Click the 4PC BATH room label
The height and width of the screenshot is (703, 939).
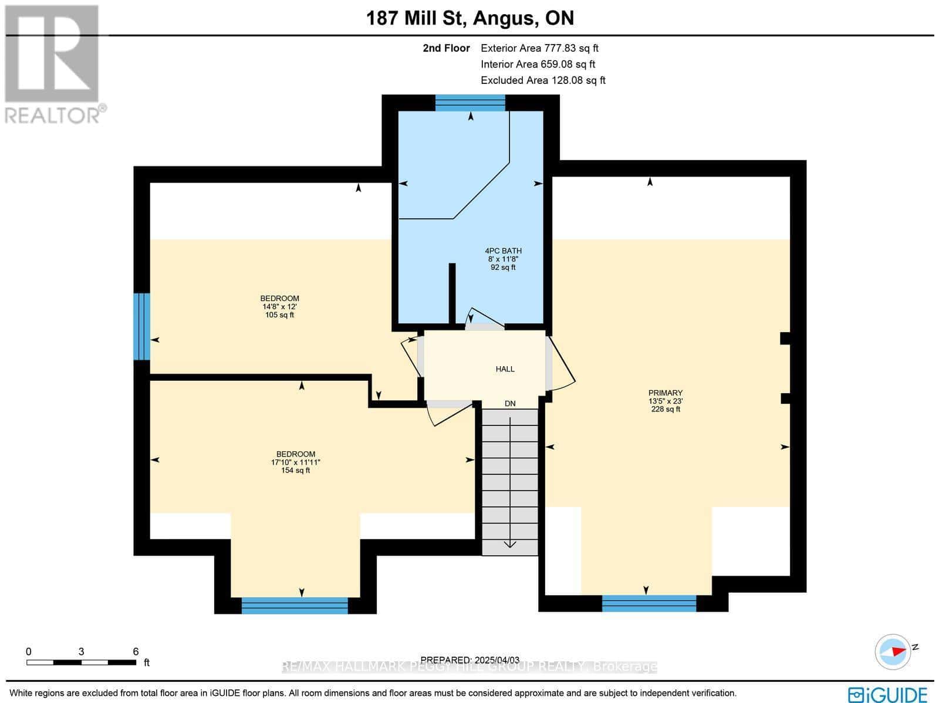click(503, 251)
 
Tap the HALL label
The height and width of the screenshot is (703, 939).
click(505, 369)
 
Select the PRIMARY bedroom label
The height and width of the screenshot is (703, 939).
click(665, 393)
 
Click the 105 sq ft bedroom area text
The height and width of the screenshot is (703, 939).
click(279, 315)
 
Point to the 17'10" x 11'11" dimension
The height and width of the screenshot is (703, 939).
click(296, 462)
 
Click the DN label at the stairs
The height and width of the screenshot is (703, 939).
click(510, 404)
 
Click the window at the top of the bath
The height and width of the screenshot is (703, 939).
click(469, 103)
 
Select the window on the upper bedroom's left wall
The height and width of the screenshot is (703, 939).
click(141, 326)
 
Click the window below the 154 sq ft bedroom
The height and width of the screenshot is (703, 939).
click(295, 606)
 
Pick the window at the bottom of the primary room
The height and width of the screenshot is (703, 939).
click(648, 603)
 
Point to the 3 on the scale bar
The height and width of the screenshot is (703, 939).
click(81, 651)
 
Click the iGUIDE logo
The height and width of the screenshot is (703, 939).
click(888, 694)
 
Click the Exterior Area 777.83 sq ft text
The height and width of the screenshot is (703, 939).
click(539, 49)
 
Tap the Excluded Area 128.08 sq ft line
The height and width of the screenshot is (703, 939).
click(543, 80)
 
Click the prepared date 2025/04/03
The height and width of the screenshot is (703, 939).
click(472, 660)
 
